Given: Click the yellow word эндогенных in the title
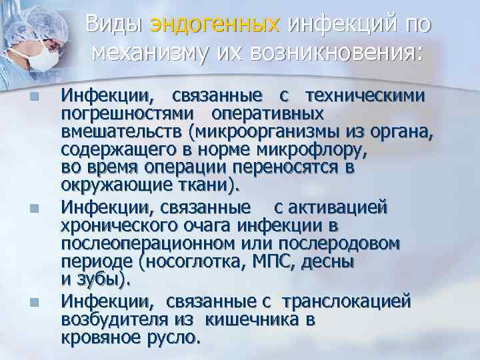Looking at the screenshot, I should pyautogui.click(x=214, y=25).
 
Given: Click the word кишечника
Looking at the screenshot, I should pyautogui.click(x=244, y=319).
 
